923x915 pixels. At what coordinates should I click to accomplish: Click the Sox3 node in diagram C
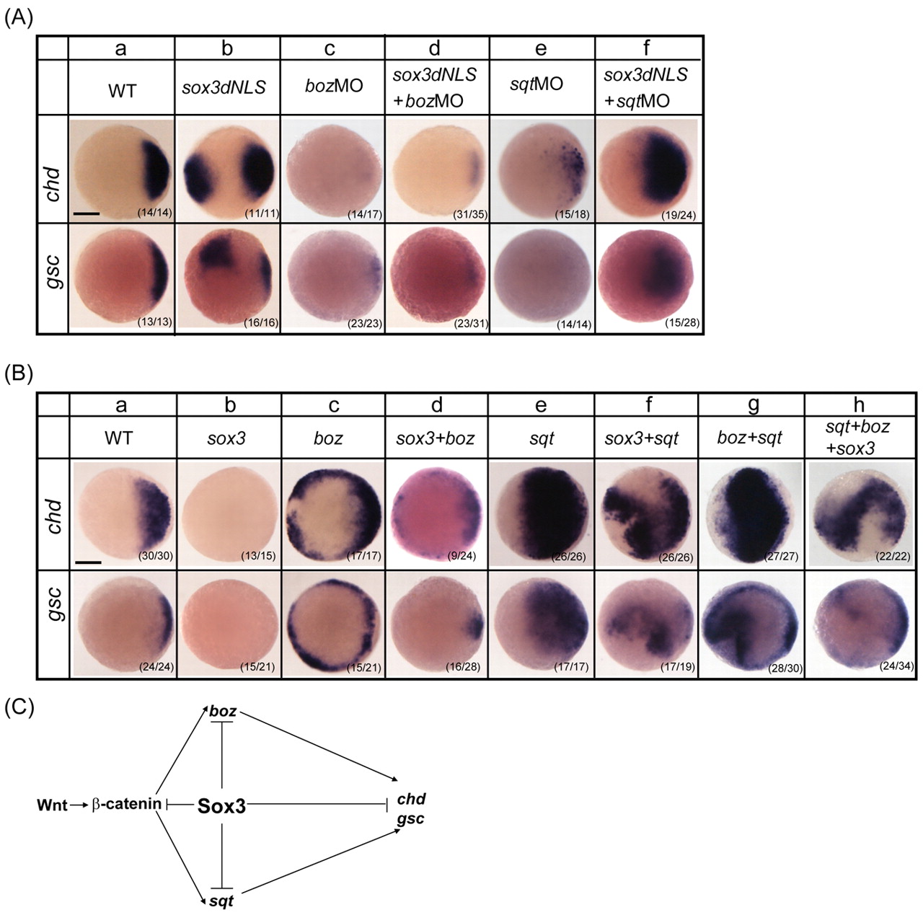[x=221, y=806]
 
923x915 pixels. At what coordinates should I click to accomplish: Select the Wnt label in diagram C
[x=52, y=805]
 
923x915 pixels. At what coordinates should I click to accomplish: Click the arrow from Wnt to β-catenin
[x=79, y=805]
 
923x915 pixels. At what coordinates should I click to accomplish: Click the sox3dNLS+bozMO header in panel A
[x=435, y=87]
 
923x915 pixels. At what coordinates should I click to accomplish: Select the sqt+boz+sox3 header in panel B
[x=858, y=437]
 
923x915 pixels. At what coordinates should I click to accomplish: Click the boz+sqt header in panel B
[x=750, y=438]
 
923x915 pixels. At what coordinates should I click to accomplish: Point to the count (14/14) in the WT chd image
[x=155, y=212]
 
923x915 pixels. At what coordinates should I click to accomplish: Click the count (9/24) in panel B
[x=461, y=557]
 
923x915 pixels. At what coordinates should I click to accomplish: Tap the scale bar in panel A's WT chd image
[x=87, y=213]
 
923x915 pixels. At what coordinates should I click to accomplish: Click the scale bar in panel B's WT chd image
[x=89, y=562]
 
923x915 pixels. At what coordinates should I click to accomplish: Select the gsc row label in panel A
[x=53, y=272]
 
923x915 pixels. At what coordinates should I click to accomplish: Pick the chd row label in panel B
[x=53, y=516]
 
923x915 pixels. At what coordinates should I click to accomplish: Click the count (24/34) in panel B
[x=896, y=666]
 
